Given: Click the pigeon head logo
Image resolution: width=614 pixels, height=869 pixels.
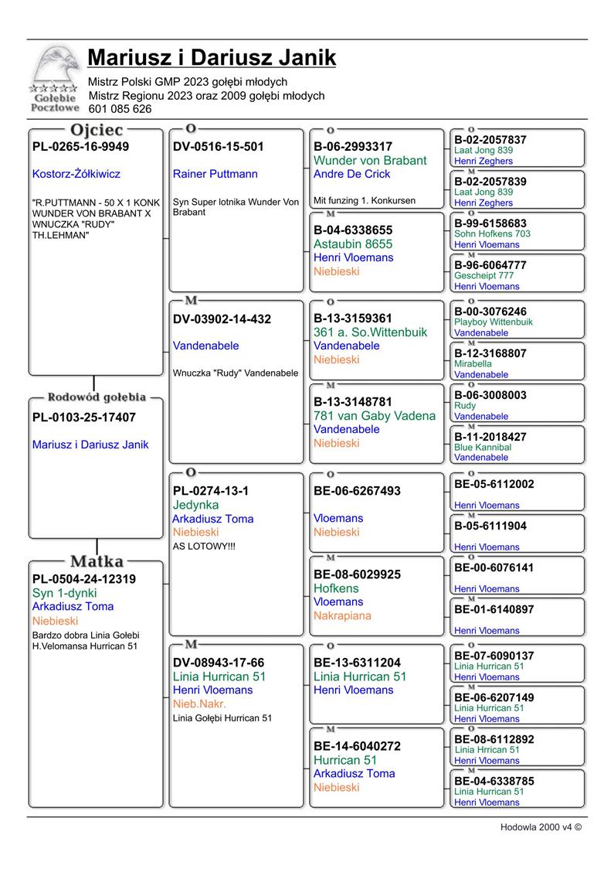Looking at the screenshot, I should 56,68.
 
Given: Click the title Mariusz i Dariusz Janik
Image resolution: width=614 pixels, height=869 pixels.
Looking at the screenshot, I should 211,58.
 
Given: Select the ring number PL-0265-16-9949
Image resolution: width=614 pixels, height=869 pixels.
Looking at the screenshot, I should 80,147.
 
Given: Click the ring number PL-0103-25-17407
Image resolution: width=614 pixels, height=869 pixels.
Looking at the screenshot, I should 83,417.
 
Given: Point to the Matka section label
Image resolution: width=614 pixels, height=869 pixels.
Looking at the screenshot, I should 97,561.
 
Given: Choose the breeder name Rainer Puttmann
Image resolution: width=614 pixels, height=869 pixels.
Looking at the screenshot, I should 215,174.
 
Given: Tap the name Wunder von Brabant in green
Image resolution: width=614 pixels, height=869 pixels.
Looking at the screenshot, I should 370,161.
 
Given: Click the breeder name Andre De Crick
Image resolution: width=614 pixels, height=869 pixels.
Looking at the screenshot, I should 351,174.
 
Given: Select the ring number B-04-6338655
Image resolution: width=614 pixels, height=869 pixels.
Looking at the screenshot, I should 353,230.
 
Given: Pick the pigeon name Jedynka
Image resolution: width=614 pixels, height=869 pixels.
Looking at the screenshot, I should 195,505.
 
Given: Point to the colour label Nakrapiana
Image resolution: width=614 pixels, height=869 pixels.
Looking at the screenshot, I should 342,616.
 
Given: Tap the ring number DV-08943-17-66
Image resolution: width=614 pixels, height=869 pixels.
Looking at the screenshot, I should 219,663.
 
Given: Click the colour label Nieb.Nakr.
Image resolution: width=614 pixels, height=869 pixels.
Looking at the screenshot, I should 199,704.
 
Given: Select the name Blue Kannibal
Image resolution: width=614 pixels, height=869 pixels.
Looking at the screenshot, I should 483,447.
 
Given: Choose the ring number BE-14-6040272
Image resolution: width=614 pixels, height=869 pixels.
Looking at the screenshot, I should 357,747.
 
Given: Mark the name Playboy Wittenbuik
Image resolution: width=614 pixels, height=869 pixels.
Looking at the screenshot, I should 494,322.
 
